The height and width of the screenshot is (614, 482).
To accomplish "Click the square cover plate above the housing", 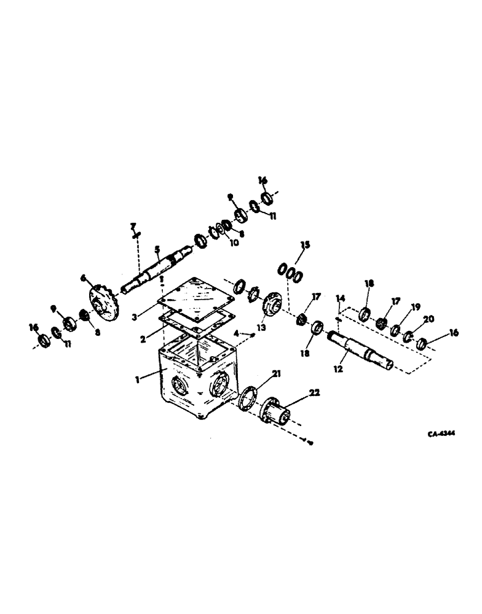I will tap(196, 295).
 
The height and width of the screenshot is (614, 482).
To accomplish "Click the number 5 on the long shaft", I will tap(157, 249).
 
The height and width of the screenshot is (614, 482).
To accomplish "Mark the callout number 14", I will tap(340, 298).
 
